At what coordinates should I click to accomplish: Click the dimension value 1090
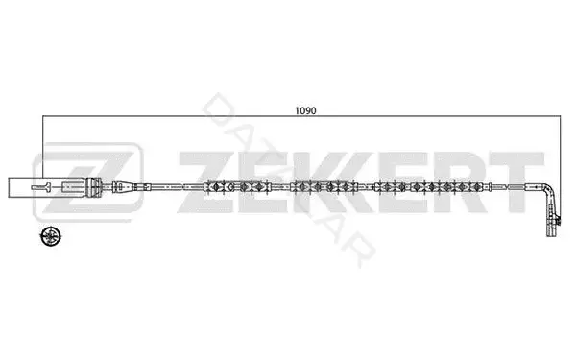pyautogui.click(x=305, y=110)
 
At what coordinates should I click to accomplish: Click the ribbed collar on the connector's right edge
pyautogui.click(x=94, y=187)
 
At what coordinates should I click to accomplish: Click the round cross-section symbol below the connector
pyautogui.click(x=51, y=236)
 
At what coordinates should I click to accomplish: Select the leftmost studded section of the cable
pyautogui.click(x=238, y=186)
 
